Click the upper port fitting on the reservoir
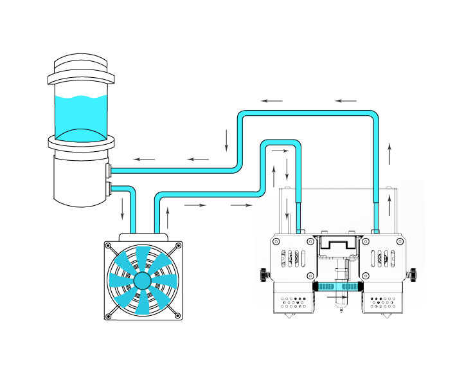pos(109,170)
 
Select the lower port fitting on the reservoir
pos(109,189)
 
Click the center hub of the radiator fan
pos(142,281)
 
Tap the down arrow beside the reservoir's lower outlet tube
pos(123,207)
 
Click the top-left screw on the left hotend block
pos(276,242)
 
